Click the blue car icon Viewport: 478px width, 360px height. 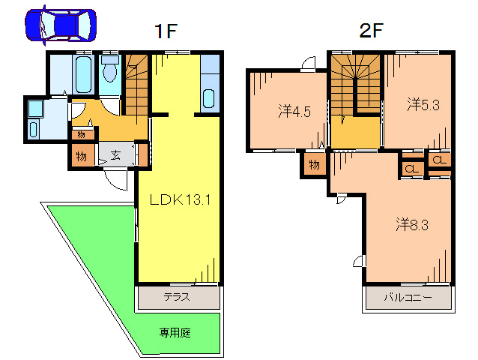pos(61,25)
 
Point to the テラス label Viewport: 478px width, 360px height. pos(178,296)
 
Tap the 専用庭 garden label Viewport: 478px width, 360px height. pos(174,331)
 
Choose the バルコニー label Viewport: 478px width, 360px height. pos(408,297)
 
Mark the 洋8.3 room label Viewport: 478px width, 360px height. pos(412,223)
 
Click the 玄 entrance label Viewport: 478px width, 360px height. pos(118,156)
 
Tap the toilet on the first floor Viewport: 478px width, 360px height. pos(110,72)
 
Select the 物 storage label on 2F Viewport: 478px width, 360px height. pos(315,164)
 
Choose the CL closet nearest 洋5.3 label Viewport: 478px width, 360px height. pos(439,159)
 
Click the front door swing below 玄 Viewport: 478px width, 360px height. pos(116,179)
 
